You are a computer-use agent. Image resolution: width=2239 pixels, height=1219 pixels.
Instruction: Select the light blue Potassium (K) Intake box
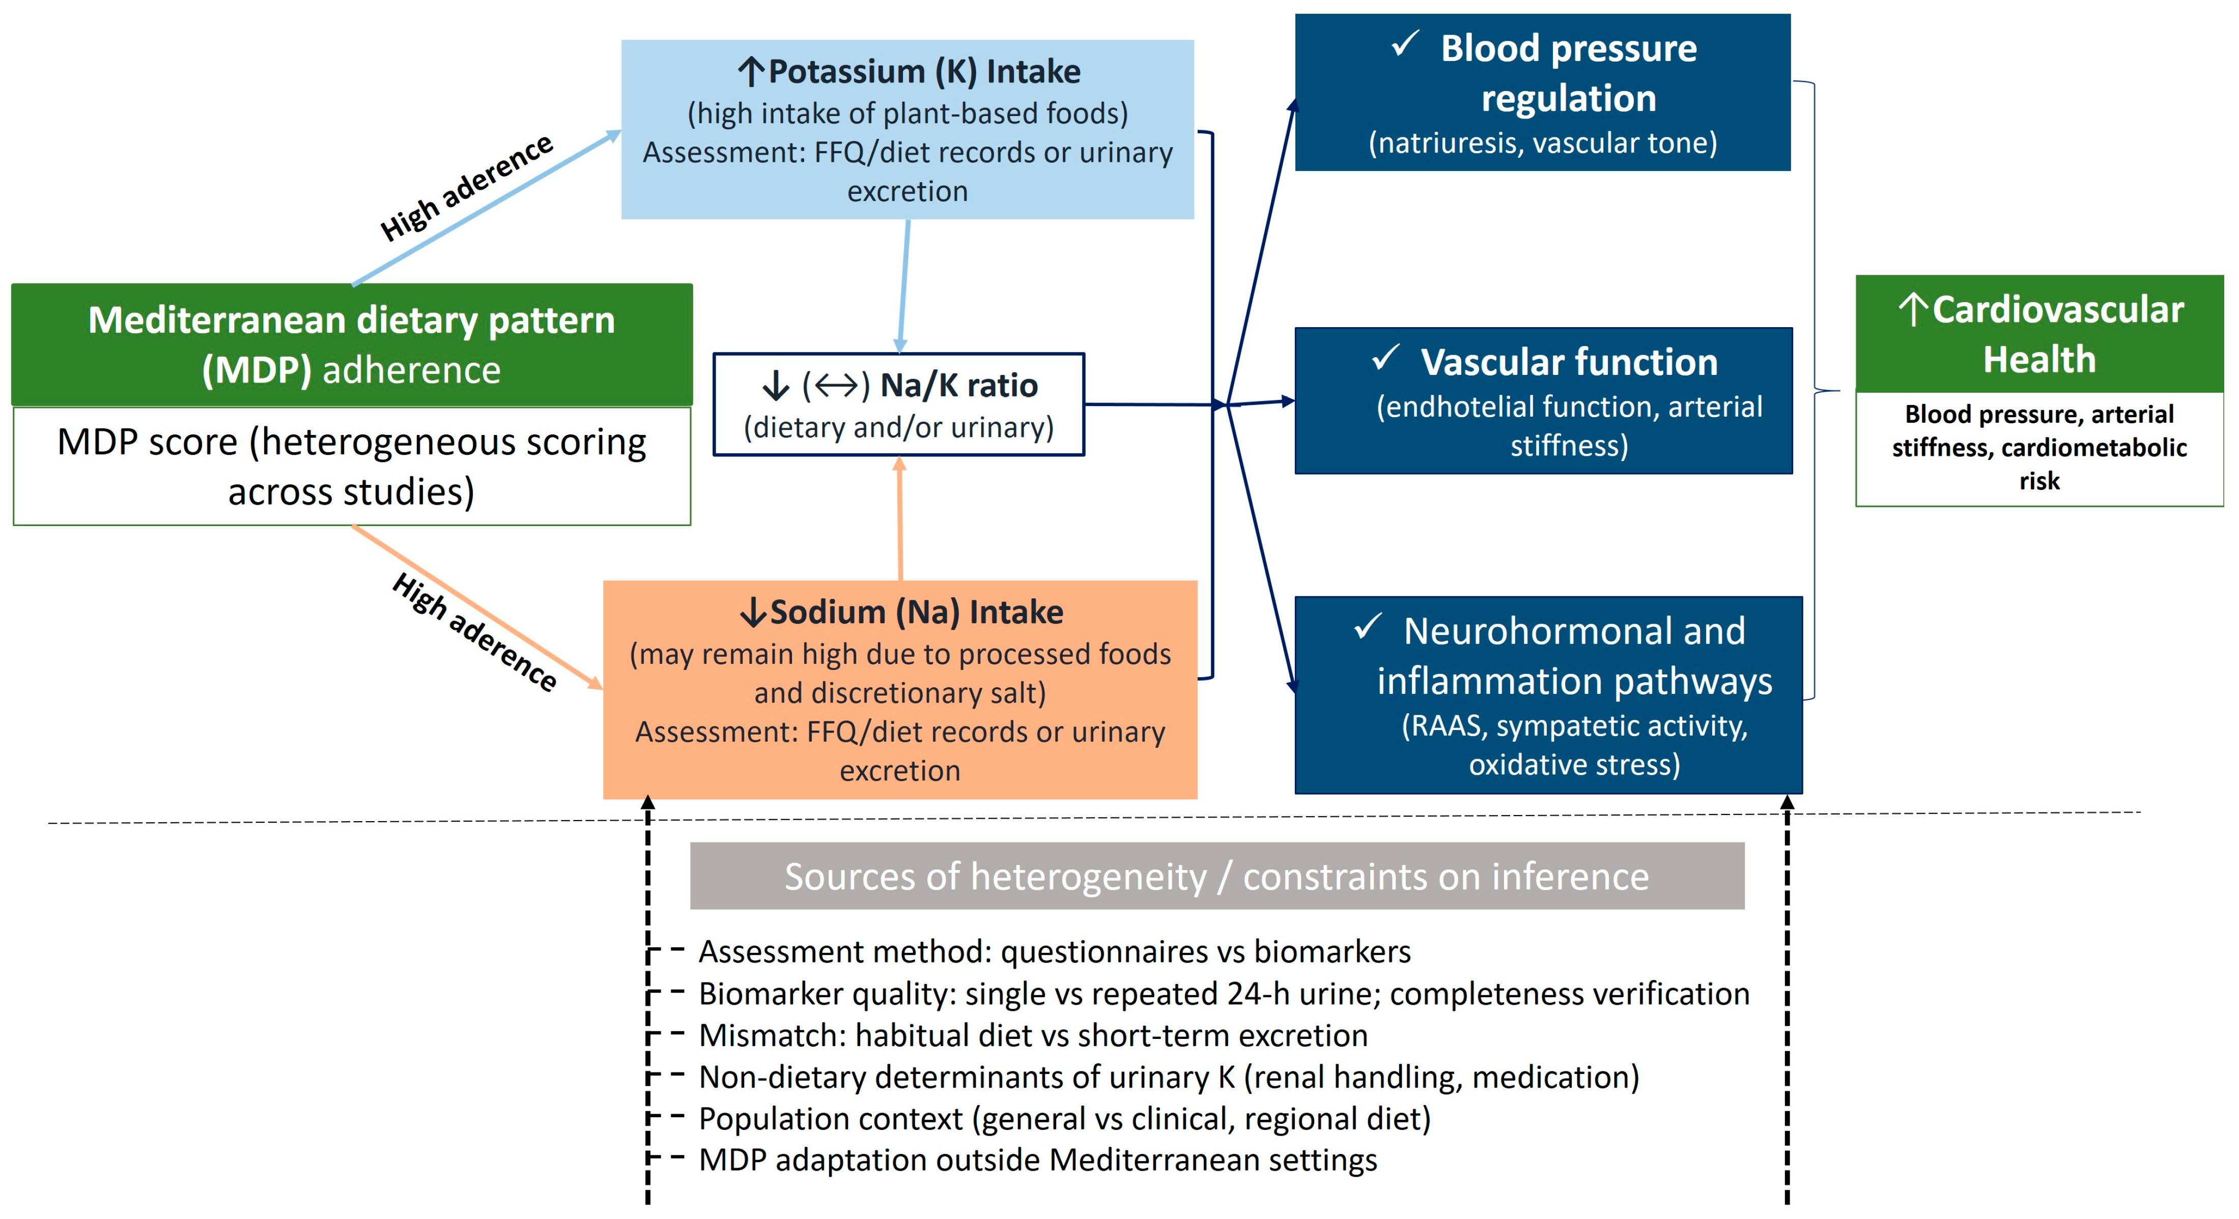908,129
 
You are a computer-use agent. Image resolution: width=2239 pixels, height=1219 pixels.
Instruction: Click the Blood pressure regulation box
1543,92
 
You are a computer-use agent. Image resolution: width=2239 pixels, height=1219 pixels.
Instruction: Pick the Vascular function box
1544,400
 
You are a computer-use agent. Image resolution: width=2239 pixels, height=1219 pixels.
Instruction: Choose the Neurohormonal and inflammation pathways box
1549,695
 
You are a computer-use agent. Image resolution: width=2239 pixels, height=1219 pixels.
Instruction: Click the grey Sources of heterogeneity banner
1217,876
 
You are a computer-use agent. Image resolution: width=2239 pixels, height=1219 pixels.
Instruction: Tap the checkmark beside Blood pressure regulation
1405,43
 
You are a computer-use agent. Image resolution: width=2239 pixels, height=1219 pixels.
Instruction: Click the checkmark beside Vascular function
1385,357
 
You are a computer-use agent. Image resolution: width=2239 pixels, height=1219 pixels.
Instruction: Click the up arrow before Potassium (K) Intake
751,71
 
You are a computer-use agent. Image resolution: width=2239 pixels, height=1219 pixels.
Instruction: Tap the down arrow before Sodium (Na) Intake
753,613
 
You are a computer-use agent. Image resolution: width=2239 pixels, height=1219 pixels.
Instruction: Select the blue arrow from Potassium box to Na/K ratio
904,286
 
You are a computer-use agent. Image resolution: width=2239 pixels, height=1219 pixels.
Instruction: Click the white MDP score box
352,467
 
